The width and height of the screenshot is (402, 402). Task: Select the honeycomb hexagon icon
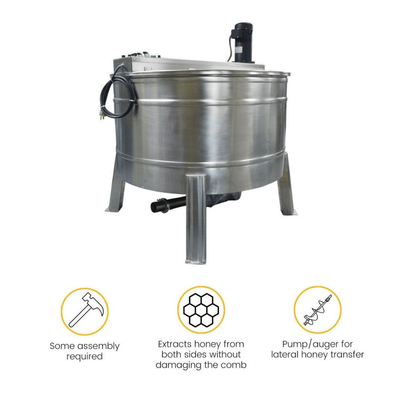tap(201, 310)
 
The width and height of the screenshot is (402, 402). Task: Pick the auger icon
tap(318, 310)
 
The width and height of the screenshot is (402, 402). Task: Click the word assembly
tap(98, 346)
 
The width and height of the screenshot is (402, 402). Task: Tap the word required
tap(84, 357)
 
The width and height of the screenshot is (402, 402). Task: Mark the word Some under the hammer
tap(61, 346)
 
